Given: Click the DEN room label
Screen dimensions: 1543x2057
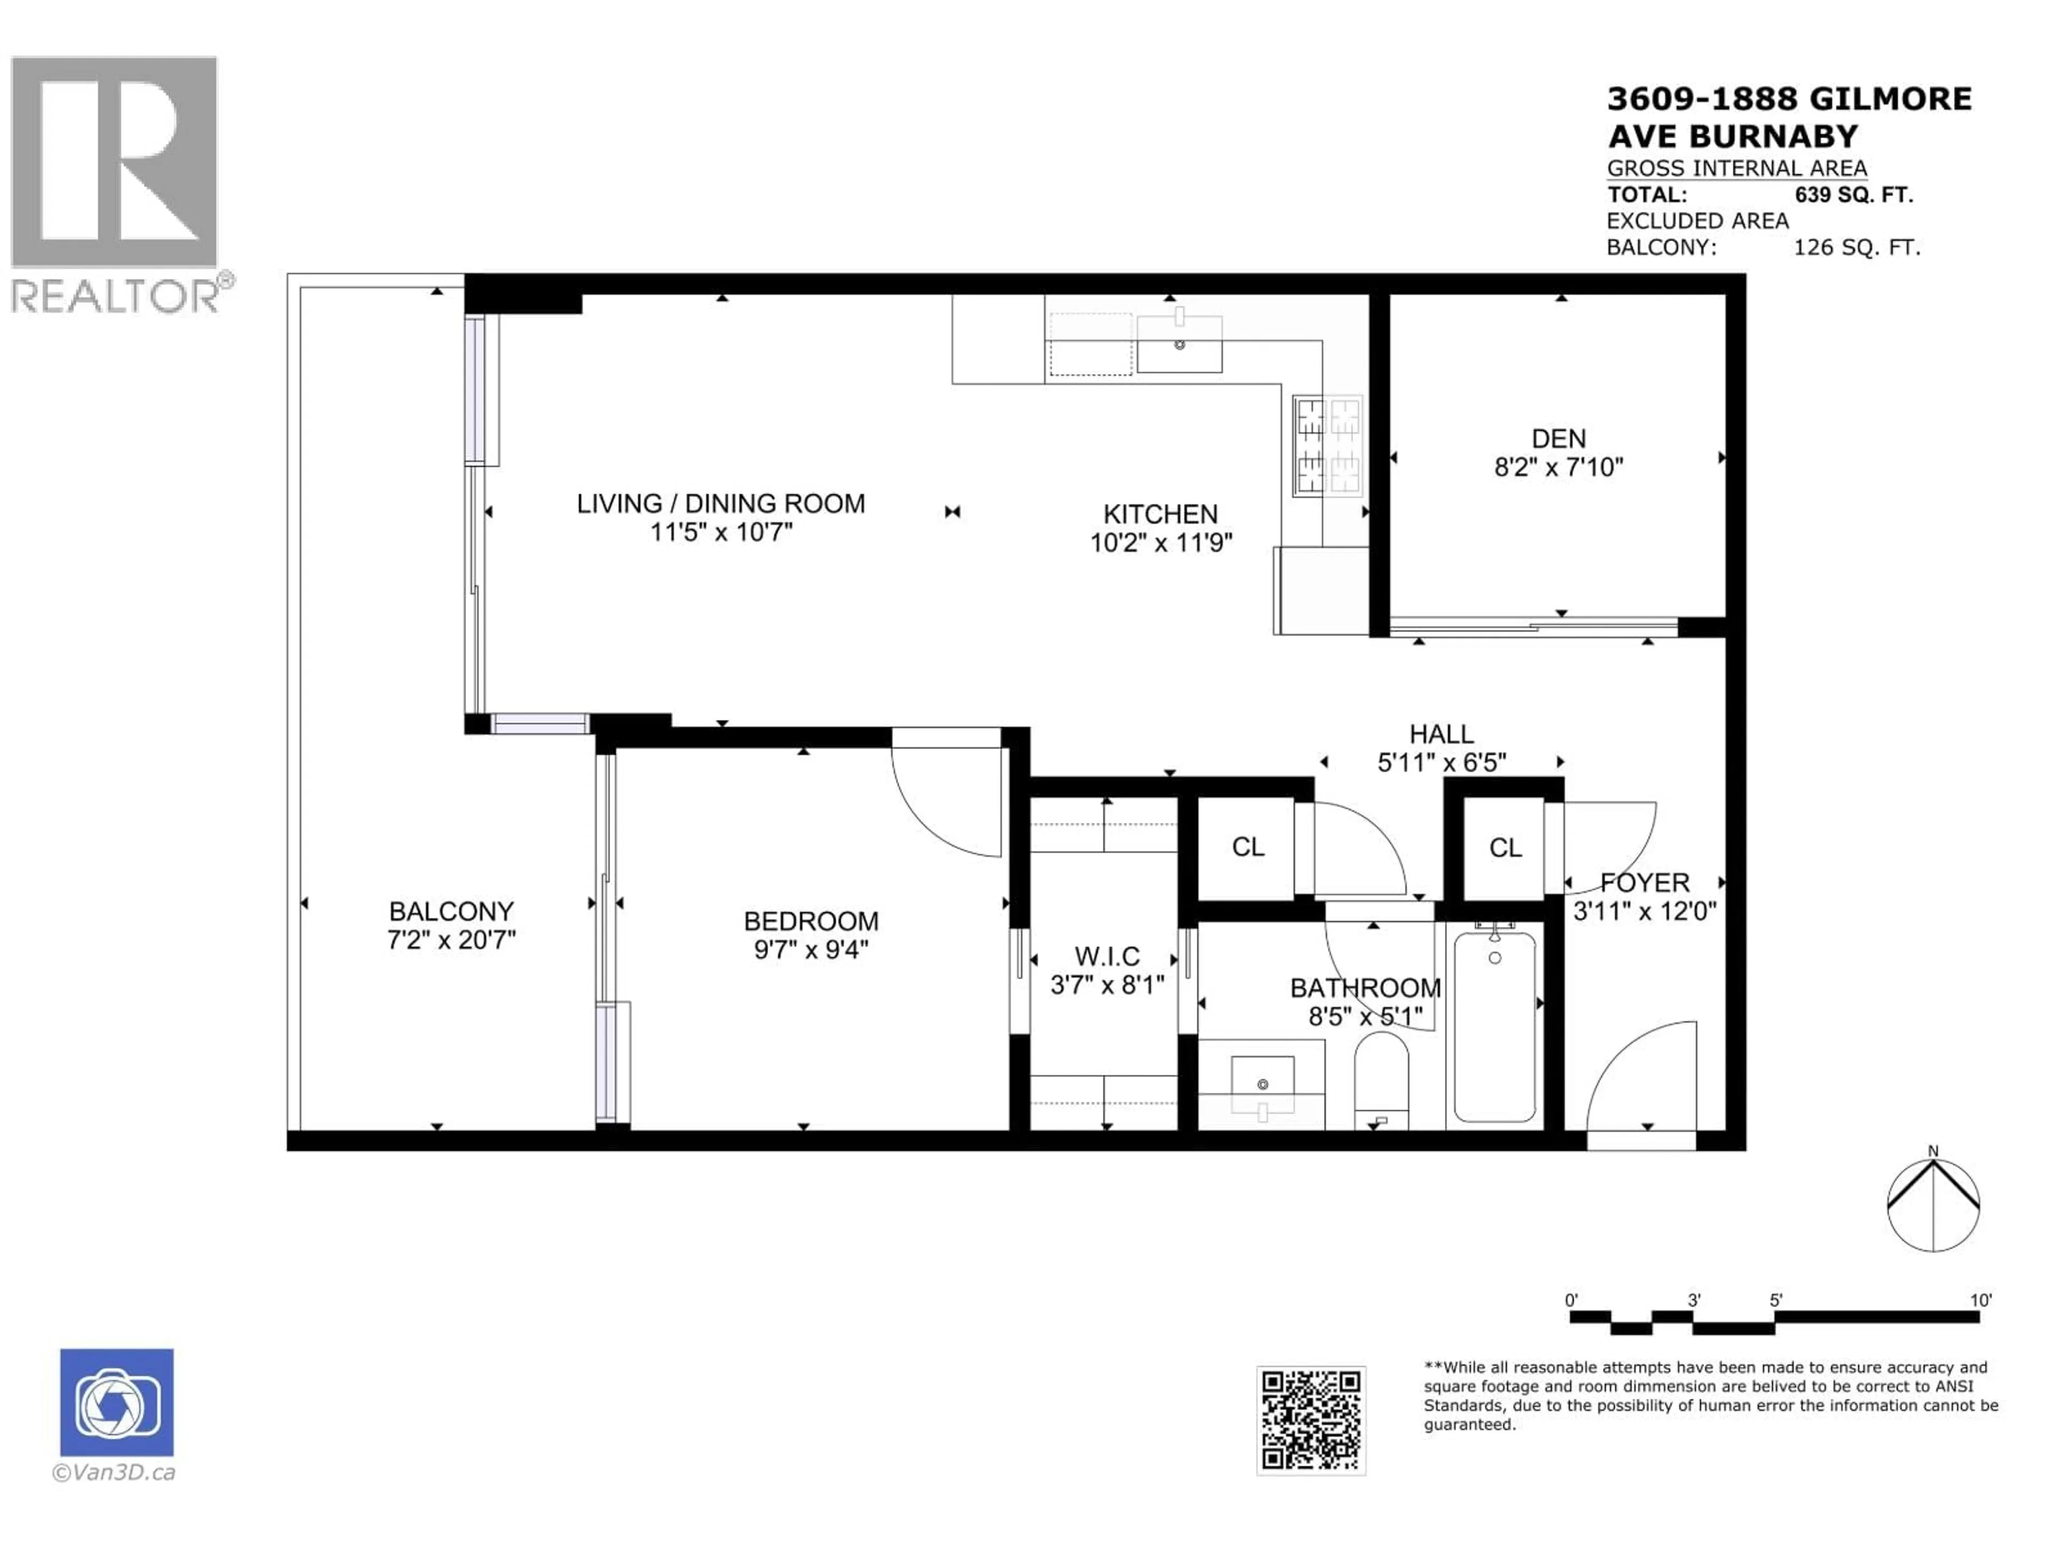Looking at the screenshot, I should click(1559, 439).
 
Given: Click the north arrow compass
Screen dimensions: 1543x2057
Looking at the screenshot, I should click(1933, 1204).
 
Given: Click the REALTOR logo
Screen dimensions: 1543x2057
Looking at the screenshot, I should click(115, 184).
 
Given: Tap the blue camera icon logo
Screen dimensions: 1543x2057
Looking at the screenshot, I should click(116, 1402).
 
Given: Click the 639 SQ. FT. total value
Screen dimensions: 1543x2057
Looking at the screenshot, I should click(1853, 196).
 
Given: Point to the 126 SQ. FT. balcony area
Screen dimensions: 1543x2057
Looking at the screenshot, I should click(1856, 248).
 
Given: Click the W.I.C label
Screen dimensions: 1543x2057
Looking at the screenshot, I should click(1107, 956).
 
